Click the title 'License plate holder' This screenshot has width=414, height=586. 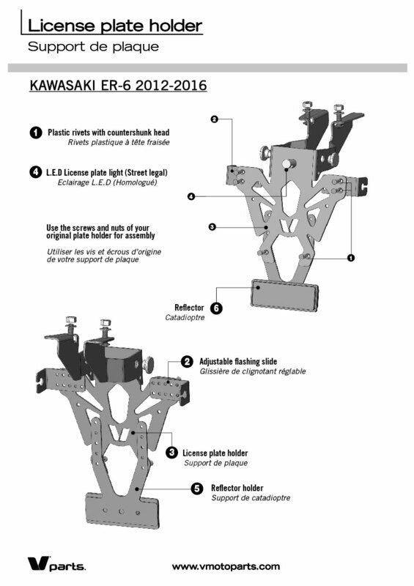[x=115, y=26]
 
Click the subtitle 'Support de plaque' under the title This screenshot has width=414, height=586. [x=94, y=47]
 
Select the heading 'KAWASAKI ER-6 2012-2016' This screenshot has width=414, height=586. [x=118, y=85]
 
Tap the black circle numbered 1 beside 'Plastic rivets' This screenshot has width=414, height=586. [x=35, y=133]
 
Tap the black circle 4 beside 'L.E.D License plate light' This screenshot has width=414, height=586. [x=35, y=172]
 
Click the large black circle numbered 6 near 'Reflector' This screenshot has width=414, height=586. [x=216, y=308]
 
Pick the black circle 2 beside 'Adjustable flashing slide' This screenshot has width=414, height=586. [x=187, y=362]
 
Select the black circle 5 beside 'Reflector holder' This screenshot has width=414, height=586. [x=197, y=489]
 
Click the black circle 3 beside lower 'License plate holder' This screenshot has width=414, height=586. [x=171, y=453]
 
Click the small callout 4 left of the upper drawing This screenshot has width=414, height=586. [x=191, y=196]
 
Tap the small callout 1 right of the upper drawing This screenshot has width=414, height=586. [x=351, y=258]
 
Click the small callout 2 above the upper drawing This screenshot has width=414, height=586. [x=214, y=119]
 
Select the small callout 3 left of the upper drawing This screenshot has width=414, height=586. [x=212, y=227]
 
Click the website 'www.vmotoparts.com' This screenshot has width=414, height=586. [x=226, y=566]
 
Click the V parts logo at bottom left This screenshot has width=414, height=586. [x=56, y=564]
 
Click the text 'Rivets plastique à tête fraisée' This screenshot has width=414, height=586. [x=119, y=142]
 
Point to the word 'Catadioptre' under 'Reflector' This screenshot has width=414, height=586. [x=185, y=318]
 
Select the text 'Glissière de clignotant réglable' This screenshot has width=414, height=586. [x=253, y=371]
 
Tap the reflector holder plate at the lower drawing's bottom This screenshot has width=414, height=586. [x=122, y=511]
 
